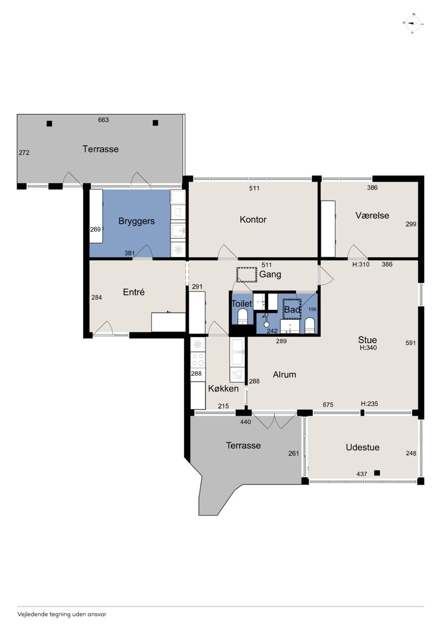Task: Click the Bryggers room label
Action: pyautogui.click(x=136, y=221)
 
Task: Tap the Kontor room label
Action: pyautogui.click(x=253, y=219)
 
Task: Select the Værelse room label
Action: pyautogui.click(x=372, y=215)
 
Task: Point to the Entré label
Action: pyautogui.click(x=134, y=292)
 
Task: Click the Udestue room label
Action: pyautogui.click(x=363, y=448)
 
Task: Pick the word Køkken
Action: pyautogui.click(x=223, y=389)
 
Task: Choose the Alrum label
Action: pyautogui.click(x=285, y=374)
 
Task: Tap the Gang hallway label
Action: pyautogui.click(x=270, y=274)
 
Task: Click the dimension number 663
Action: pyautogui.click(x=103, y=120)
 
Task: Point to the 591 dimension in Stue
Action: pyautogui.click(x=411, y=343)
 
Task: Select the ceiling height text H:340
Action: pyautogui.click(x=368, y=348)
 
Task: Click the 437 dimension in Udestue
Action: pyautogui.click(x=362, y=474)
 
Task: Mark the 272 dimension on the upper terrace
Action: pyautogui.click(x=24, y=153)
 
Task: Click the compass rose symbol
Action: pyautogui.click(x=413, y=24)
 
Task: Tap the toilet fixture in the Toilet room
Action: pyautogui.click(x=243, y=316)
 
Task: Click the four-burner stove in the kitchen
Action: pyautogui.click(x=198, y=360)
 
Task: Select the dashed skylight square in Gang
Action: pyautogui.click(x=247, y=274)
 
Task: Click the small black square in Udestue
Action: pyautogui.click(x=377, y=473)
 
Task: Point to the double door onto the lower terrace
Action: pyautogui.click(x=274, y=421)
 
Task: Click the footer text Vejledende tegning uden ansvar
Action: pyautogui.click(x=62, y=614)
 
